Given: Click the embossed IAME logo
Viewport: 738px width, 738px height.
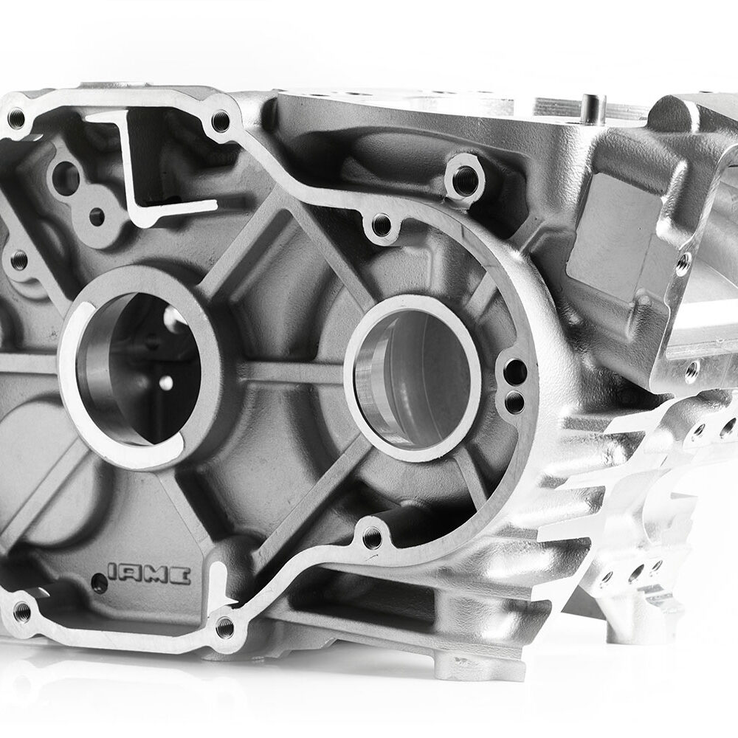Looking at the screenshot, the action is (x=149, y=573).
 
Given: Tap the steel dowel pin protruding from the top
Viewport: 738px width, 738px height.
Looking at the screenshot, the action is (x=590, y=107).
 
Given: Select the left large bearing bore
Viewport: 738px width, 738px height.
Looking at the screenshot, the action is (x=139, y=368).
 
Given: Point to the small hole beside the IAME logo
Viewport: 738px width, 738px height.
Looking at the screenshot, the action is (x=99, y=584).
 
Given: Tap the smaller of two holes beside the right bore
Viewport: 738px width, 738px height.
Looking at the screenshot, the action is (x=514, y=401).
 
